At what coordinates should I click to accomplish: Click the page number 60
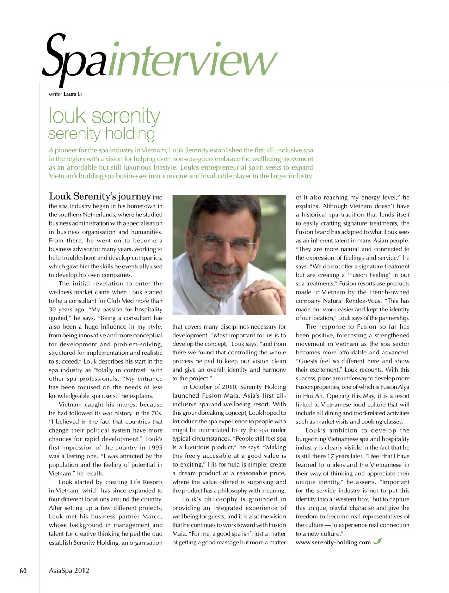point(23,571)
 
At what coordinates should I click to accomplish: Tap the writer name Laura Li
point(73,94)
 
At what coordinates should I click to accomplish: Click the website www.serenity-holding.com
point(333,542)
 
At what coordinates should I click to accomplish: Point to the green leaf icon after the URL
point(377,542)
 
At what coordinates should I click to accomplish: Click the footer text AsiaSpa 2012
point(69,571)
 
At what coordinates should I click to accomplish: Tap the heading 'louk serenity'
point(104,116)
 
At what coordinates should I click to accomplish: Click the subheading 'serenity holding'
point(101,133)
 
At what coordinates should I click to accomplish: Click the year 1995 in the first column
point(155,448)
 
